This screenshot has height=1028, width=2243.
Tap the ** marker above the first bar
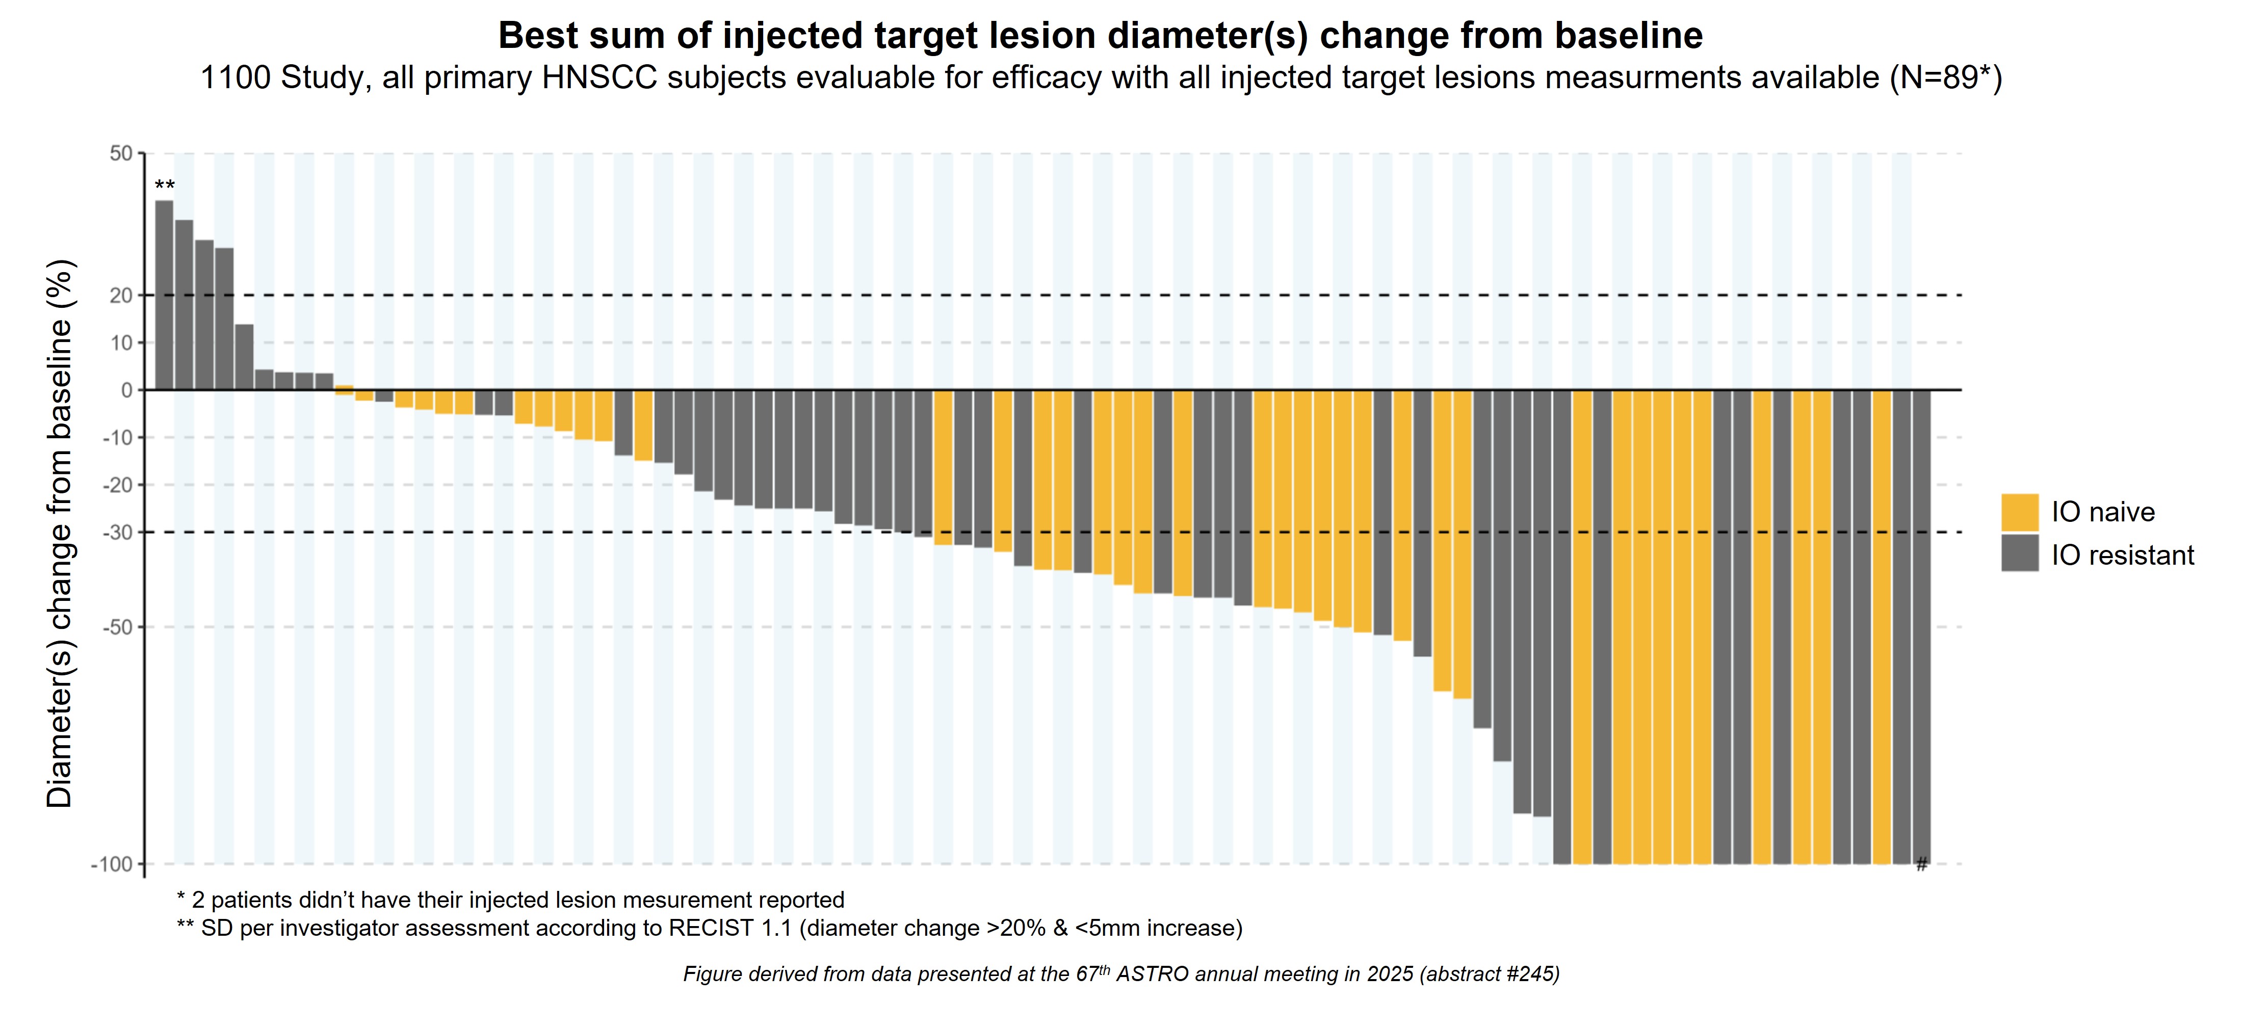click(165, 186)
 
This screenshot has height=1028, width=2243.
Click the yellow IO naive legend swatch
click(2019, 512)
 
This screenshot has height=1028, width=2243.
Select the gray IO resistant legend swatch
click(2019, 553)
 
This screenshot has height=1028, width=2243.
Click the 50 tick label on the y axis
click(121, 153)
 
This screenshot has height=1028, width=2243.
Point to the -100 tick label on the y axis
click(112, 864)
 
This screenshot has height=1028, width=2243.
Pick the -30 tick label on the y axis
click(118, 532)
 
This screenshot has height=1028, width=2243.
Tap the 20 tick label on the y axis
click(121, 295)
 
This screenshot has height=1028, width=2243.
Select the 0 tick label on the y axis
click(127, 390)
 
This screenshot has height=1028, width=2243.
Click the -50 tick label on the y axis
click(118, 627)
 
